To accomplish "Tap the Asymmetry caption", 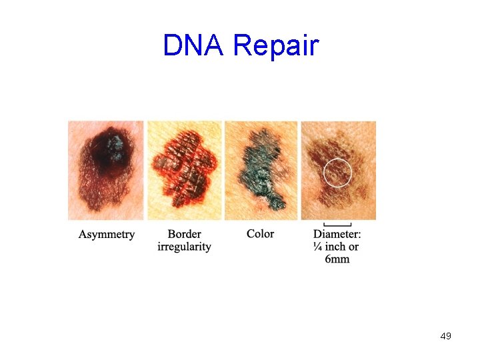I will click(x=107, y=235).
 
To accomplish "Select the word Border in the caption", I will click(x=185, y=234).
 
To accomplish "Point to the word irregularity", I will click(x=185, y=247).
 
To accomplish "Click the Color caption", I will click(x=260, y=234).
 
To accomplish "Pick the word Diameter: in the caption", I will click(x=337, y=234).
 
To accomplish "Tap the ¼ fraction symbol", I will click(x=318, y=247).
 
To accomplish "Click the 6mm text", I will click(x=337, y=259).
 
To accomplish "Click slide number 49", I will click(x=445, y=336).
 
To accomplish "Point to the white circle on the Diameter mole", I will click(x=337, y=172).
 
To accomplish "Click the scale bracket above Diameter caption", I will click(x=337, y=225).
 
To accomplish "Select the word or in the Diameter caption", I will click(x=353, y=247).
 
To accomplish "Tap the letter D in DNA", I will click(x=172, y=46).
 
